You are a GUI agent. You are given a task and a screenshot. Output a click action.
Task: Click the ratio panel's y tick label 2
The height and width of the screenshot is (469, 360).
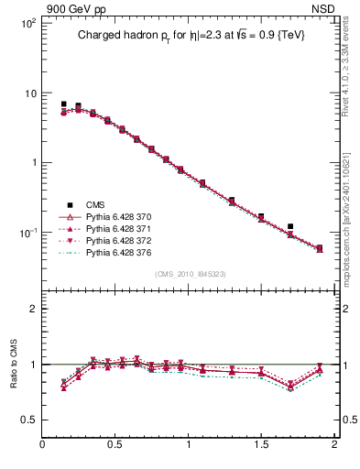tap(32, 309)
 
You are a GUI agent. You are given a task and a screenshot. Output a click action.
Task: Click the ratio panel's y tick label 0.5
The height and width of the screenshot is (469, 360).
tap(27, 420)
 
